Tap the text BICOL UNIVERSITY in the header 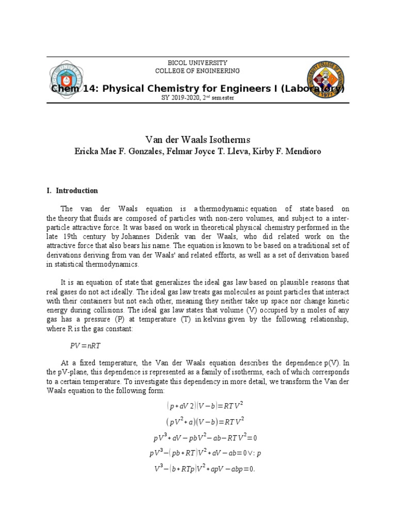pos(197,62)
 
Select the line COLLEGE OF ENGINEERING pos(197,71)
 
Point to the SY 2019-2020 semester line pos(197,98)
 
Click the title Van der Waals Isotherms pos(197,139)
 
